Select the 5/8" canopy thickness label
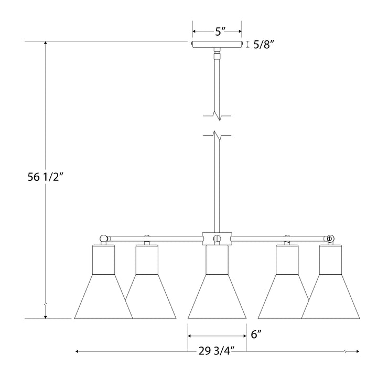coord(264,45)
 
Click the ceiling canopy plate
coord(217,45)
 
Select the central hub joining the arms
coord(217,239)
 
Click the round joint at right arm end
coord(330,239)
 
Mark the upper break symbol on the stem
coord(217,114)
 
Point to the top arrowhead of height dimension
coord(46,44)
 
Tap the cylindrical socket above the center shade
coord(217,260)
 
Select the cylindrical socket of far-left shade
coord(103,260)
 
